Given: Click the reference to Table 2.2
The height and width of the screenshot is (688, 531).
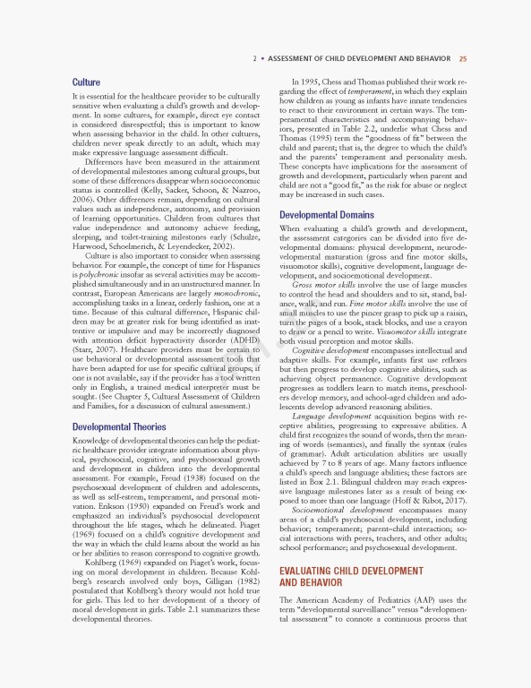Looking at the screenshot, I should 366,130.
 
